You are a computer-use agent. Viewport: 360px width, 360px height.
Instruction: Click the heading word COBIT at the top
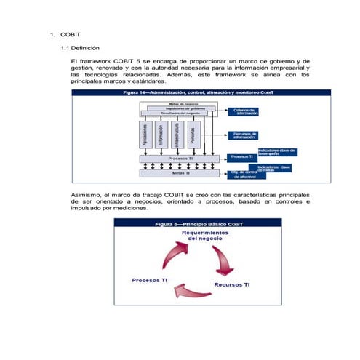pos(70,34)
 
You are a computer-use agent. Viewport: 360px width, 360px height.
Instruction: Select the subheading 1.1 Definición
pos(84,47)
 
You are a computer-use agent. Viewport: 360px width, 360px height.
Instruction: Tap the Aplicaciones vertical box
pos(145,136)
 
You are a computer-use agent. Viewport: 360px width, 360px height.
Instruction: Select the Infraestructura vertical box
pos(177,136)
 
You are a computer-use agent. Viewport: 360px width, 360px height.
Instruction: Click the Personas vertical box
pos(193,136)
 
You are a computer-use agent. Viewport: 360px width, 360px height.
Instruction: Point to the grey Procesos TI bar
pos(178,158)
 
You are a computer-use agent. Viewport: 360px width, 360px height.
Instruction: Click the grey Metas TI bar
pos(178,173)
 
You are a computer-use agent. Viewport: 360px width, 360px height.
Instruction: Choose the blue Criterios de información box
pos(246,112)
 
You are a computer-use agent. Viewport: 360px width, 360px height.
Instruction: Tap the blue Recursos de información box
pos(246,135)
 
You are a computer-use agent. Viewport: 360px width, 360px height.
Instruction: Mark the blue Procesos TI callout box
pos(242,156)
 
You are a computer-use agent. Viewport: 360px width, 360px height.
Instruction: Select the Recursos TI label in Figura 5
pos(232,284)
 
